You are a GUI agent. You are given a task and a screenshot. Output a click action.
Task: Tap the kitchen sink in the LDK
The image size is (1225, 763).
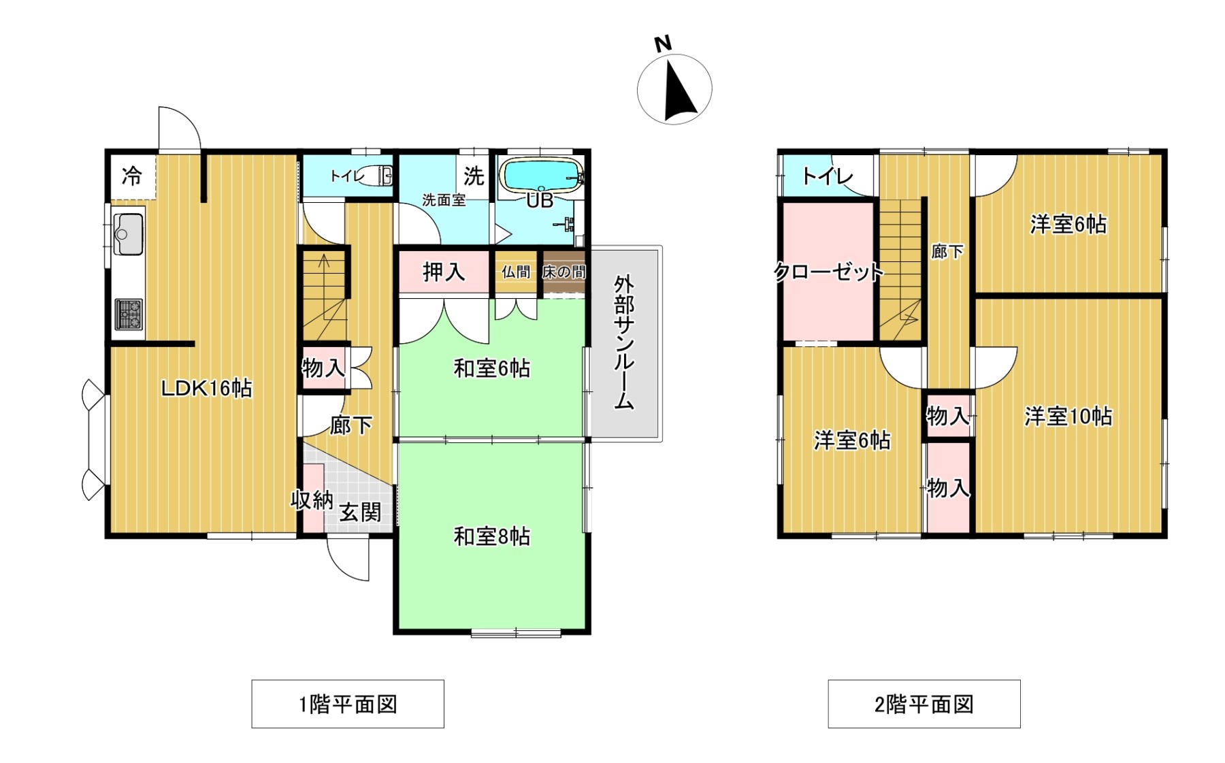pos(128,233)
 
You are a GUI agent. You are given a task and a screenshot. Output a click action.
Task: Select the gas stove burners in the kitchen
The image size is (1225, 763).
pos(128,314)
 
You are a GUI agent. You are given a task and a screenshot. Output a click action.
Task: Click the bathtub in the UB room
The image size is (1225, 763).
pos(541,175)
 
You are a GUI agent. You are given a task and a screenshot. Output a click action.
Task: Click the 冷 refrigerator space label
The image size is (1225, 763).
pos(132,176)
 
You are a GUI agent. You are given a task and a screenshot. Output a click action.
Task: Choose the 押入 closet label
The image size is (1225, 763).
pos(444,272)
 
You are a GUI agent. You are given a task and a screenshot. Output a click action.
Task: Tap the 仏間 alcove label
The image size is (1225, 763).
pos(516,272)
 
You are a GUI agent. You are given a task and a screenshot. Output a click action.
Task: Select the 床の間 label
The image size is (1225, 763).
pos(563,272)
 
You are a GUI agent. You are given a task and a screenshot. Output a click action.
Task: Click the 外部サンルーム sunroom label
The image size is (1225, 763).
pos(625,342)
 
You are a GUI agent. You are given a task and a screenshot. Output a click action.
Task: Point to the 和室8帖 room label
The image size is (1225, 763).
pos(492,537)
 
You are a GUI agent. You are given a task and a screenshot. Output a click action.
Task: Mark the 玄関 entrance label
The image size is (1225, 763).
pos(361,512)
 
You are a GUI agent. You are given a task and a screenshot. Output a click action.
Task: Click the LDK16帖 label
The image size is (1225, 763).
pos(206,389)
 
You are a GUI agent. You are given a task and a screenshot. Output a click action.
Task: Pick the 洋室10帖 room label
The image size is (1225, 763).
pos(1068,416)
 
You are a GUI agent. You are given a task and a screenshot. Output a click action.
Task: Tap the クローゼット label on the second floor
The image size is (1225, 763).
pos(829,272)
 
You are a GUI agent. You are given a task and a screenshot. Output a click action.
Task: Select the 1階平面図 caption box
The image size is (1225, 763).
pos(348,704)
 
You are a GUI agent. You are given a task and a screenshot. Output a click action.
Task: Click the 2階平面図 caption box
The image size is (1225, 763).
pos(924,704)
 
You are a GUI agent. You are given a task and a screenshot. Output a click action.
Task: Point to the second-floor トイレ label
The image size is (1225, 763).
pos(828,176)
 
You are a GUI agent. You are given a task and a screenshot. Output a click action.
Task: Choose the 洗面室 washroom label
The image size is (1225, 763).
pos(444,200)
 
